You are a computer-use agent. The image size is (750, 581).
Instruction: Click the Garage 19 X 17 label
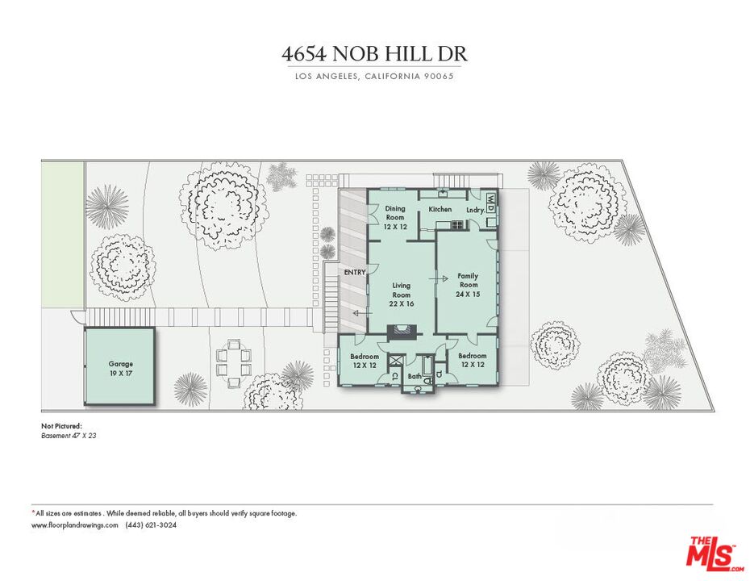[x=120, y=369]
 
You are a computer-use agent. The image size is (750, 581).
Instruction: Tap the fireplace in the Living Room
[x=400, y=329]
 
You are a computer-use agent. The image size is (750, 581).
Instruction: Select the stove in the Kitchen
[x=457, y=224]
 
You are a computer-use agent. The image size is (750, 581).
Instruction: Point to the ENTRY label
[x=355, y=272]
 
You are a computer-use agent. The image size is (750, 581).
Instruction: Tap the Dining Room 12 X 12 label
[x=394, y=218]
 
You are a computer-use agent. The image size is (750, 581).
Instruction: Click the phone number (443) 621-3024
[x=151, y=525]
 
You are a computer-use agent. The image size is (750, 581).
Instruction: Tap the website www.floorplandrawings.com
[x=75, y=525]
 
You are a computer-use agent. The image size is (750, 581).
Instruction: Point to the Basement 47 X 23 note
[x=69, y=435]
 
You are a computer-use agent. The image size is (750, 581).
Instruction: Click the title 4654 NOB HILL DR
[x=374, y=54]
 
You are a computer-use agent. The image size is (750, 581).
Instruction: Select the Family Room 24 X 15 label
[x=469, y=285]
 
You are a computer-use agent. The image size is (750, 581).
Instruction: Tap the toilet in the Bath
[x=417, y=389]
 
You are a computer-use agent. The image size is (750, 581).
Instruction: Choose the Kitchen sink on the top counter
[x=443, y=194]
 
